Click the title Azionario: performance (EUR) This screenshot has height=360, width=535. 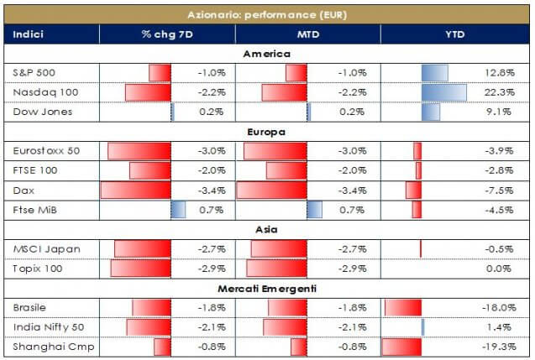click(266, 15)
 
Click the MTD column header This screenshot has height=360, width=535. click(307, 34)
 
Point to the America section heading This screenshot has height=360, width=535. click(266, 54)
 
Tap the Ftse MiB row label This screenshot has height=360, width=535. click(34, 210)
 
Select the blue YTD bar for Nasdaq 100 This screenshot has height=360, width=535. click(443, 91)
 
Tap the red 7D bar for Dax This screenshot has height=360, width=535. click(135, 190)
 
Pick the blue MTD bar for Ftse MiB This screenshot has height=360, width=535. click(314, 210)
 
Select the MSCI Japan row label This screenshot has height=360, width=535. click(39, 249)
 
